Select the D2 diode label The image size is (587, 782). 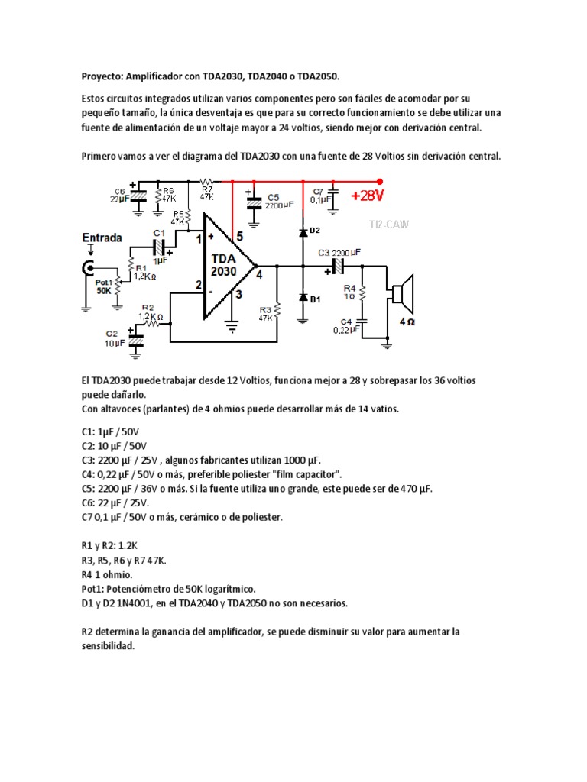pyautogui.click(x=314, y=229)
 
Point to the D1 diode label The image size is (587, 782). pyautogui.click(x=314, y=299)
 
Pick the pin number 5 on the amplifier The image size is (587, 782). pyautogui.click(x=239, y=237)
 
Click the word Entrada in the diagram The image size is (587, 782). pyautogui.click(x=102, y=238)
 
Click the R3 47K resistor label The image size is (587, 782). pyautogui.click(x=266, y=312)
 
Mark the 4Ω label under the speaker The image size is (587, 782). pyautogui.click(x=407, y=322)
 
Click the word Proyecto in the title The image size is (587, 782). pyautogui.click(x=102, y=76)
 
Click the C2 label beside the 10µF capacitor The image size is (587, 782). pyautogui.click(x=112, y=334)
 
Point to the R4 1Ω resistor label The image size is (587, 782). pyautogui.click(x=348, y=290)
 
